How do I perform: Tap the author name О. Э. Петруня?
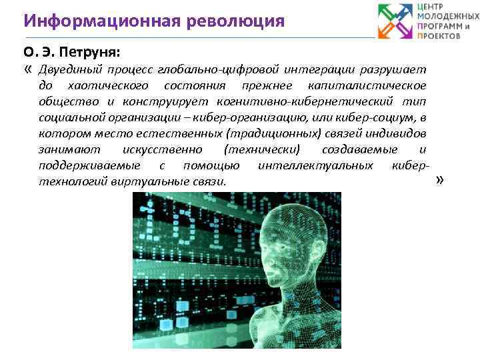(63, 51)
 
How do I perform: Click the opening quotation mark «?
(27, 69)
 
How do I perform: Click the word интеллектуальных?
(315, 165)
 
